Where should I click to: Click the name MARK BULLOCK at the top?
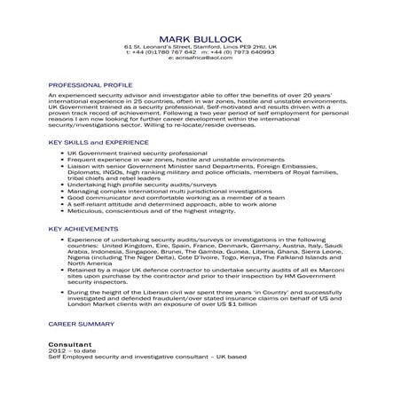200,38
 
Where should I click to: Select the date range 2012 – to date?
70,348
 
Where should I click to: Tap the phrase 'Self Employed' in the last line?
67,355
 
